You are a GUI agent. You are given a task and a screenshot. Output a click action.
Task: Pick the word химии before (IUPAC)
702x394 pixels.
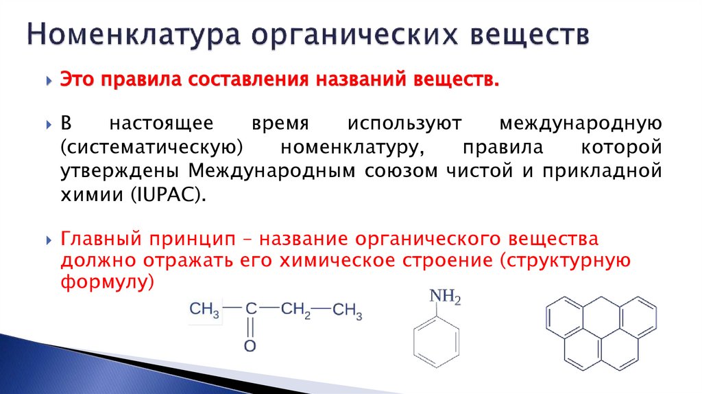point(88,194)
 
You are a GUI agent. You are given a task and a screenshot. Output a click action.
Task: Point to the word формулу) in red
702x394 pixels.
point(110,283)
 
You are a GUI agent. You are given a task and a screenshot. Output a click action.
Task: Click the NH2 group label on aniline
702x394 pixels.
point(445,297)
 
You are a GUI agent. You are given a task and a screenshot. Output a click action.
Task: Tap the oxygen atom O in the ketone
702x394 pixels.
point(250,346)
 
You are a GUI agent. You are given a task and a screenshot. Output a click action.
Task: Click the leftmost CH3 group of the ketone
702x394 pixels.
point(204,310)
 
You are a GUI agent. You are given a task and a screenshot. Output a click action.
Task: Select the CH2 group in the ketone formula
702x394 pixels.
point(295,310)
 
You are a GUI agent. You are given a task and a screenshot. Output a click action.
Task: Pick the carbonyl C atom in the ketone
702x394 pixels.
point(251,309)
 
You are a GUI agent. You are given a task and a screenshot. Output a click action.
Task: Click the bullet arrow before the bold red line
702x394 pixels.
point(49,80)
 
